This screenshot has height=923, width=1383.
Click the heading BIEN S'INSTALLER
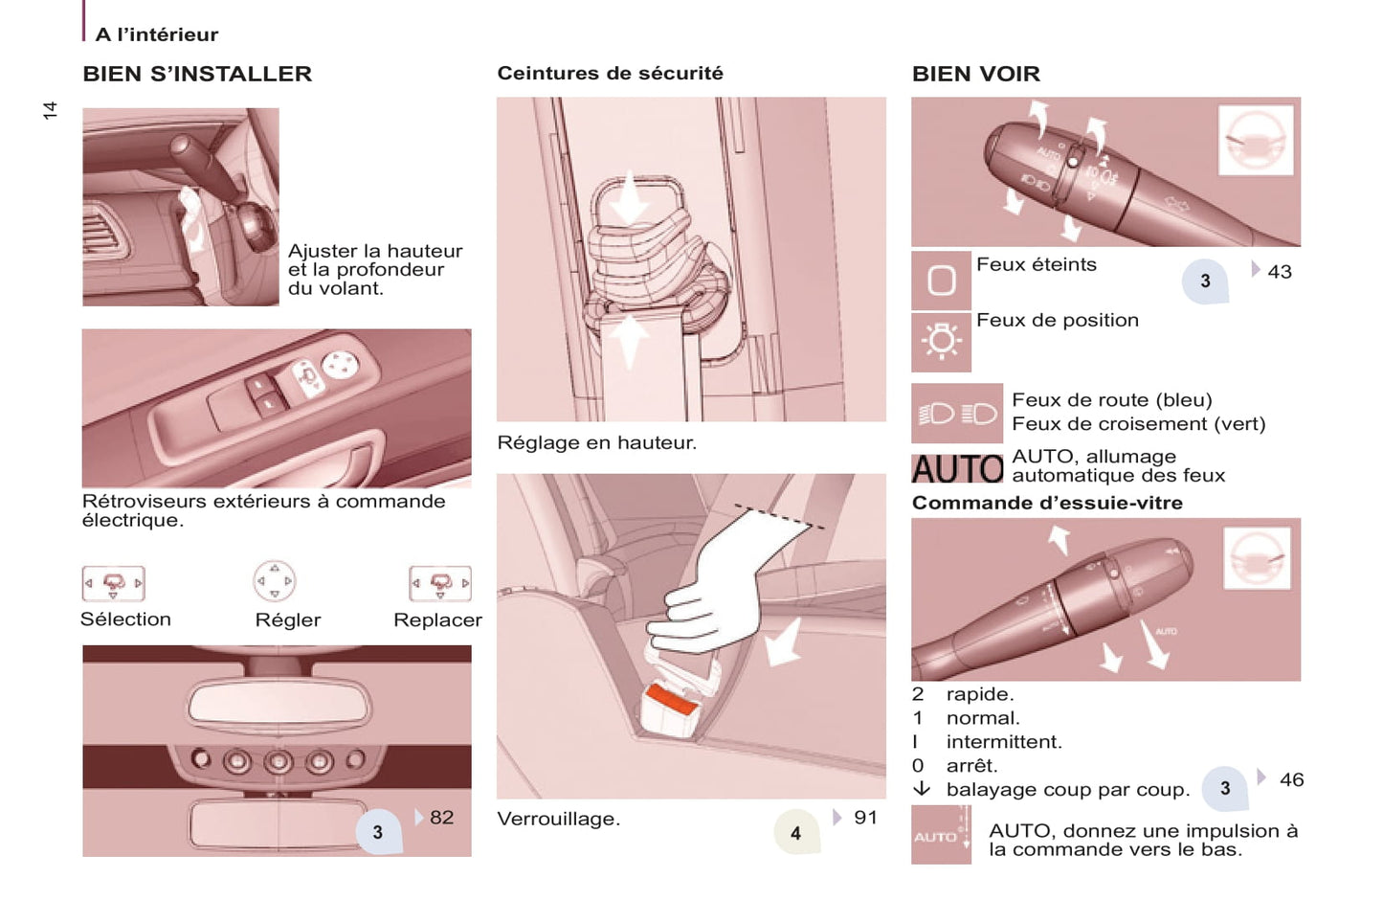click(197, 74)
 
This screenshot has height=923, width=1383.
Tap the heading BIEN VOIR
click(976, 74)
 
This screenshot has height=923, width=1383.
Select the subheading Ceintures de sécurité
click(610, 73)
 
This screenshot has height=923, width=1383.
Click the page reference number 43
click(1280, 272)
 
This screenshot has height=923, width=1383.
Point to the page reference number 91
click(865, 818)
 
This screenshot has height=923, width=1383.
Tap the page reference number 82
click(441, 818)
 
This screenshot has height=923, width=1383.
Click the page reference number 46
click(1292, 779)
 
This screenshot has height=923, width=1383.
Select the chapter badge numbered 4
click(796, 832)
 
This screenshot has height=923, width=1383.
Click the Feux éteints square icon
click(941, 281)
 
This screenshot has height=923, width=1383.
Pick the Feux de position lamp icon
click(941, 342)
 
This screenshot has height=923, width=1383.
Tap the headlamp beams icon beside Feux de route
click(957, 414)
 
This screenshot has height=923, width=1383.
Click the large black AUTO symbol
click(958, 469)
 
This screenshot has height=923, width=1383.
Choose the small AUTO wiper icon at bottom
click(941, 835)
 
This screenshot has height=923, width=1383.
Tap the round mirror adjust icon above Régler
click(275, 581)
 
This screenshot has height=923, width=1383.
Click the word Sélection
click(126, 619)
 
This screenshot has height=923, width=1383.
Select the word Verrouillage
click(558, 820)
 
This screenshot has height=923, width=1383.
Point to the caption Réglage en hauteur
click(596, 443)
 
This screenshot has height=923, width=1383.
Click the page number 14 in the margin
click(50, 110)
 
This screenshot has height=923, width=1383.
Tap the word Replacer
click(437, 619)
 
